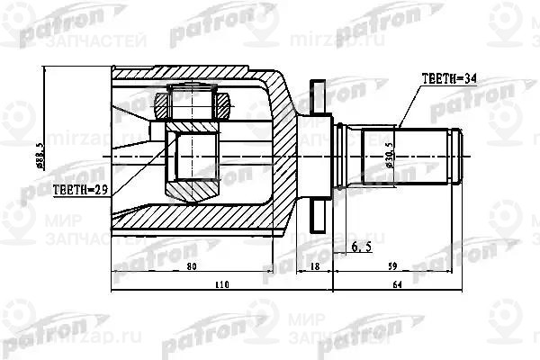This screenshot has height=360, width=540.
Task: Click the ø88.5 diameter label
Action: tap(56, 152)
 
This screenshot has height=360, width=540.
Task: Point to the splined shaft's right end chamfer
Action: tap(460, 154)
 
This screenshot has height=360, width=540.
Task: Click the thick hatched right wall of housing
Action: tap(283, 135)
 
